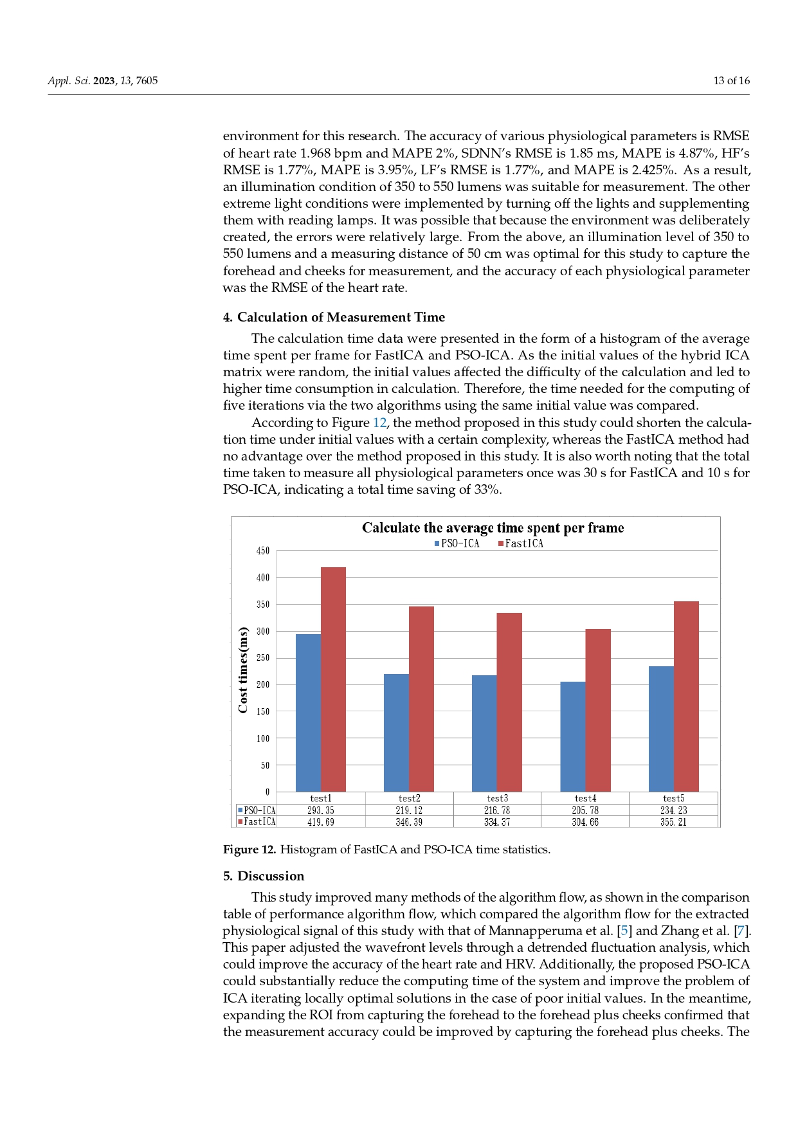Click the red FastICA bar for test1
point(333,679)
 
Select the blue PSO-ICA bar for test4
point(572,736)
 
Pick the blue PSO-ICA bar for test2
point(396,732)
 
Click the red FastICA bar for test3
point(509,702)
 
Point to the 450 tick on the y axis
point(263,551)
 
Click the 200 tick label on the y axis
point(263,685)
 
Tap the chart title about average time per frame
point(493,528)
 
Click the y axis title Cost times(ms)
point(243,669)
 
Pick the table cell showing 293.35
point(320,811)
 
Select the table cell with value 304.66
point(585,822)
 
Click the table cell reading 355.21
point(673,822)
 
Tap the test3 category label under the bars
point(497,799)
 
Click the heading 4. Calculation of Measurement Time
point(334,317)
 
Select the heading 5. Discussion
point(264,876)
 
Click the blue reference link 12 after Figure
point(379,423)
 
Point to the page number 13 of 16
point(731,80)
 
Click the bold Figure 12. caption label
point(249,850)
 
